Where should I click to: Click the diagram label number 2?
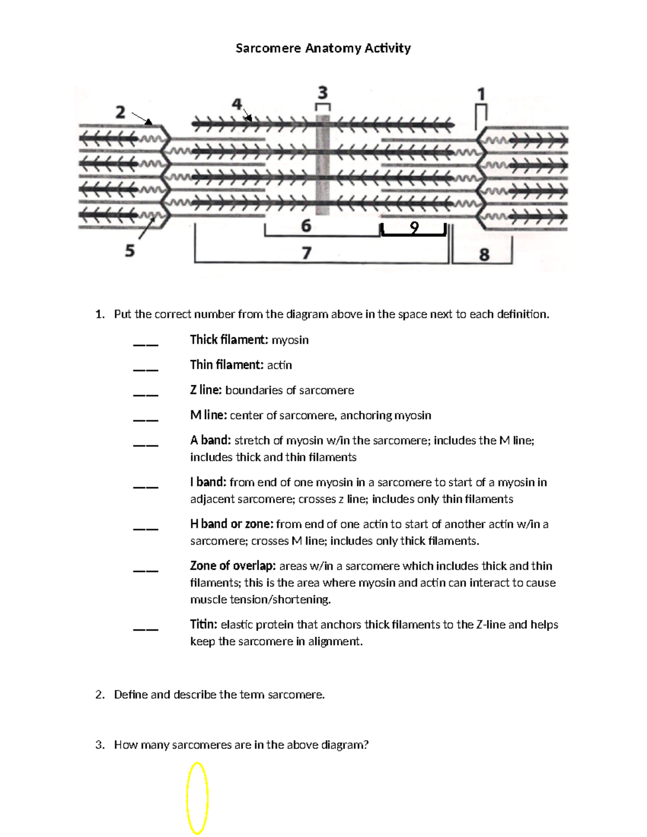[x=120, y=112]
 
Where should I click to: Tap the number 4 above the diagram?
[x=237, y=104]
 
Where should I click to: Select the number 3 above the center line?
[x=322, y=92]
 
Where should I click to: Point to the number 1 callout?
[x=481, y=95]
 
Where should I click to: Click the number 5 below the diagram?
[x=130, y=251]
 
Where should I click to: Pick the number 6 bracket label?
[x=306, y=225]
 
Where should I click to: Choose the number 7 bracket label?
[x=306, y=252]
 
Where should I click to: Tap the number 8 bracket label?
[x=484, y=254]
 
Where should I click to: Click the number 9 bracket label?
[x=414, y=229]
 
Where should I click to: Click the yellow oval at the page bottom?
[x=197, y=798]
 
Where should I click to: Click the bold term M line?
[x=208, y=415]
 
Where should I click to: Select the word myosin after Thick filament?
[x=290, y=340]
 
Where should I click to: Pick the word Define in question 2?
[x=130, y=695]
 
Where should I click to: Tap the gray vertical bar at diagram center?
[x=322, y=164]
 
